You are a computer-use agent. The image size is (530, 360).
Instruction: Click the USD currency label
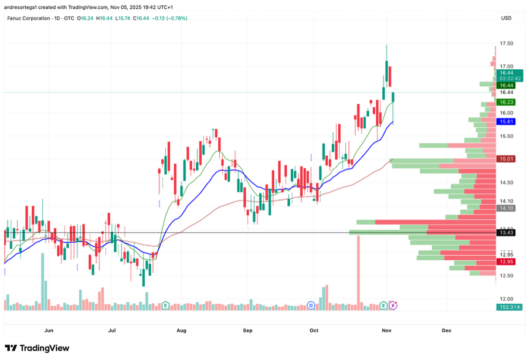coord(506,18)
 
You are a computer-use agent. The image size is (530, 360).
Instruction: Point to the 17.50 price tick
coord(507,44)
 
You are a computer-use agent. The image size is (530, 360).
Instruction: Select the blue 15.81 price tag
coord(506,121)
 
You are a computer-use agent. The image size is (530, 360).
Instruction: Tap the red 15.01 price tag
coord(506,159)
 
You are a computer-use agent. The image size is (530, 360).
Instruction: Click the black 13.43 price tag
coord(506,233)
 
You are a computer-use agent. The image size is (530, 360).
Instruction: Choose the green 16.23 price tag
coord(506,102)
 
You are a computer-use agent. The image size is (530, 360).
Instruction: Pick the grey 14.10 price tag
coord(506,208)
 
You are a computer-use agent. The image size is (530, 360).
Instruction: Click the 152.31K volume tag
coord(509,307)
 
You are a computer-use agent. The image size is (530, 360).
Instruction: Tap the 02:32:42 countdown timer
coord(510,78)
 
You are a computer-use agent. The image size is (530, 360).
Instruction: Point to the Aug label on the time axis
coord(181,331)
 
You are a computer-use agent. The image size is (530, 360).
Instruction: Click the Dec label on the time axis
coord(447,331)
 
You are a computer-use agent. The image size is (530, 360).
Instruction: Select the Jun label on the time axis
coord(49,331)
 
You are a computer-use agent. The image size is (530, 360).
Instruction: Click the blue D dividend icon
coord(311,305)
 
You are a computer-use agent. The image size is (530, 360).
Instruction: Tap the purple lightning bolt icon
coord(393,305)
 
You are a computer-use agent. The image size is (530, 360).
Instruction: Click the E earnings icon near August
coord(165,305)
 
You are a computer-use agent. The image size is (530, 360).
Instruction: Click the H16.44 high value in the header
coord(106,18)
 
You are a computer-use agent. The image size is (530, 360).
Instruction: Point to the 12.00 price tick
coord(507,299)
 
